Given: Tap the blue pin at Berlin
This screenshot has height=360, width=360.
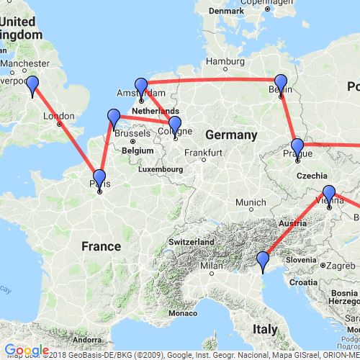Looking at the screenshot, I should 281,84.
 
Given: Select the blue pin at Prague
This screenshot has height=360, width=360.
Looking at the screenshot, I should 297,147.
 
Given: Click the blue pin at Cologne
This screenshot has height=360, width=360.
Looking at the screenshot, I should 174,125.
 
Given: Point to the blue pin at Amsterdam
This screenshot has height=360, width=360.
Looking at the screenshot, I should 141,87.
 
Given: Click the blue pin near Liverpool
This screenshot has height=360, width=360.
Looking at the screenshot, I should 32,86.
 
